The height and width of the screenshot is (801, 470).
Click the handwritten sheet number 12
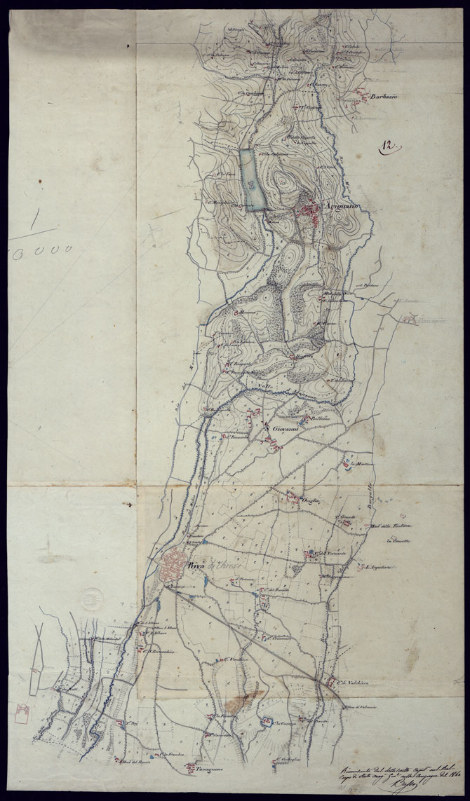(388, 146)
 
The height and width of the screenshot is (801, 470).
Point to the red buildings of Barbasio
(361, 93)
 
